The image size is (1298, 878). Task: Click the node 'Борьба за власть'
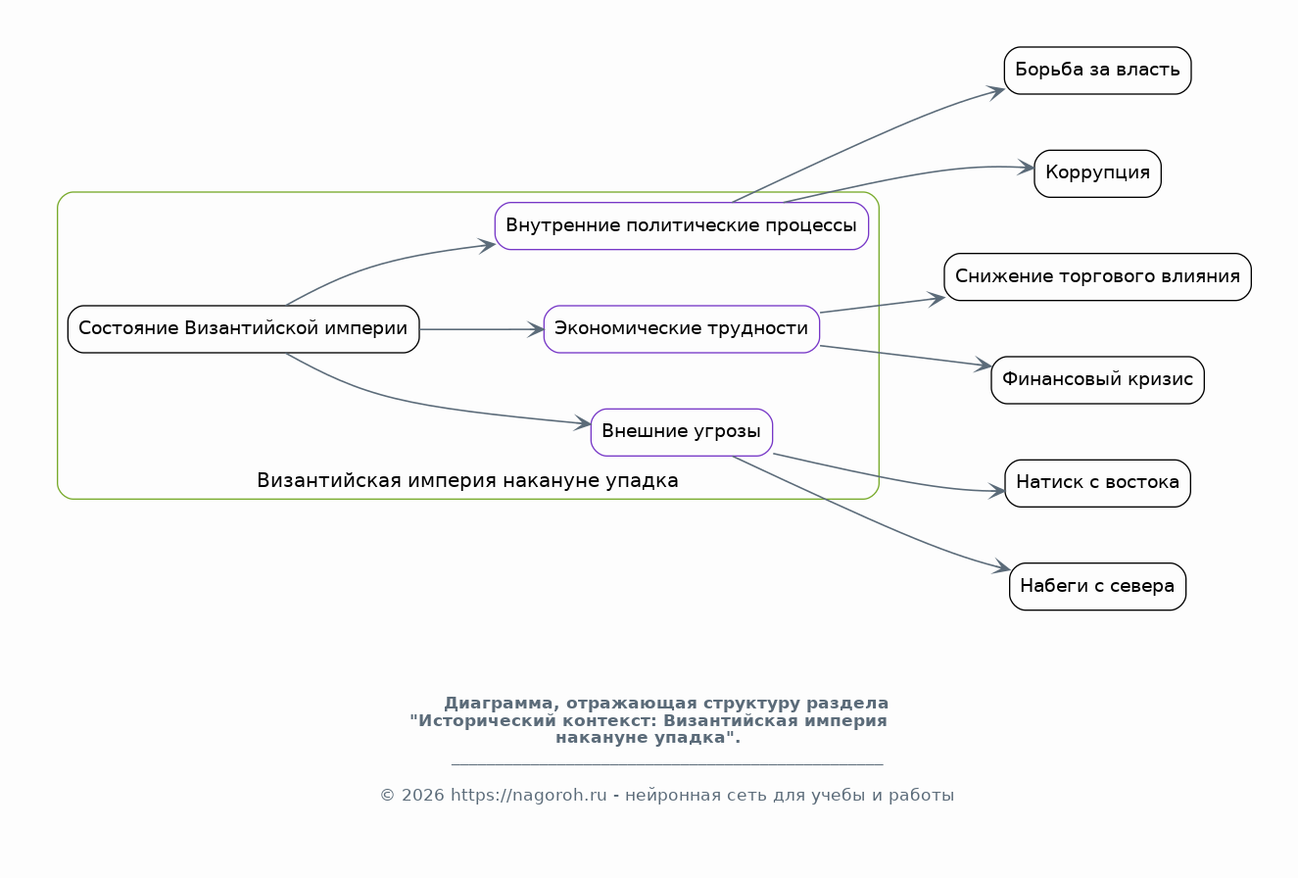[1097, 71]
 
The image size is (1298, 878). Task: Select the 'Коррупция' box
[1097, 173]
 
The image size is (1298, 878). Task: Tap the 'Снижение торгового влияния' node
[1097, 276]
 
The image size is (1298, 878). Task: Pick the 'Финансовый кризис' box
[1097, 379]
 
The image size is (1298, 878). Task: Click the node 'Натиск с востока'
[1097, 483]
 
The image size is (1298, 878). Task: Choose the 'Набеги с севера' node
[1097, 586]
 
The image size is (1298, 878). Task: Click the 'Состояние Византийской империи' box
[243, 328]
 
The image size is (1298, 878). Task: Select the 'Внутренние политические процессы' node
[682, 225]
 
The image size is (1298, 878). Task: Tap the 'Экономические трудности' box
[682, 328]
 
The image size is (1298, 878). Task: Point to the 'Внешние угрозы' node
[682, 432]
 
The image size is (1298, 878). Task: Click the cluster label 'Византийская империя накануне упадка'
[467, 480]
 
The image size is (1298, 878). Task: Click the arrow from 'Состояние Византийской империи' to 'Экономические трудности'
[482, 329]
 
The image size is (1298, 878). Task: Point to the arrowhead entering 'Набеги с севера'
[1002, 566]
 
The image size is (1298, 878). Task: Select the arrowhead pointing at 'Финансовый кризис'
[984, 365]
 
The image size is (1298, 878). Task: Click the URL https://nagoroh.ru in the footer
[528, 795]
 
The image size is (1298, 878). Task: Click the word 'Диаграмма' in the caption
[499, 703]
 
